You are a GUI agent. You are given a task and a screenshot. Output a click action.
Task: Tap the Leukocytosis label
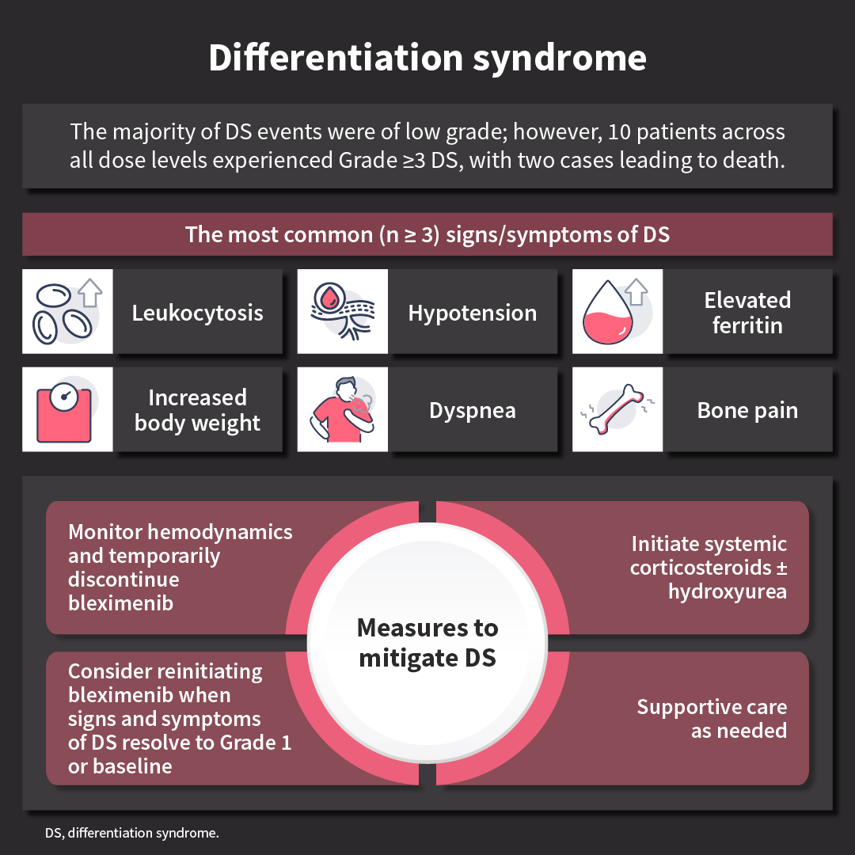197,313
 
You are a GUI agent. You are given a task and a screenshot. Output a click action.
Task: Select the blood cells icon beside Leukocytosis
67,311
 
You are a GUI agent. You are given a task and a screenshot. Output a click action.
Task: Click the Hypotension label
473,313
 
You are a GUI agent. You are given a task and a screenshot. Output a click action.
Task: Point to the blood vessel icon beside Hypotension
342,311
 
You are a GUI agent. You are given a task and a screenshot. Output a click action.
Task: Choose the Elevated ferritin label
747,312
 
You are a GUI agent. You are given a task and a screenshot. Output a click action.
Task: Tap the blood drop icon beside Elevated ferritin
617,311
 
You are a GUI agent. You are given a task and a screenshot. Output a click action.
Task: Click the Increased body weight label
197,410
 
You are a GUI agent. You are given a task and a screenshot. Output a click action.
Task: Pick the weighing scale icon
67,409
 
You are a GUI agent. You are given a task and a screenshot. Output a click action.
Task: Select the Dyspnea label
473,410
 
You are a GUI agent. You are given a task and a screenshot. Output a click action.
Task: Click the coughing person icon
342,409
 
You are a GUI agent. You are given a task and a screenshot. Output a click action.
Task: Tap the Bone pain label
747,410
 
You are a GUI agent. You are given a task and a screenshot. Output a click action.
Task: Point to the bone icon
617,409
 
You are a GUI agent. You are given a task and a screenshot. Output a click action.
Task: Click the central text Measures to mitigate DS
427,642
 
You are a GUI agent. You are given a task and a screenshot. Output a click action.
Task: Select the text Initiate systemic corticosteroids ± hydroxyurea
709,568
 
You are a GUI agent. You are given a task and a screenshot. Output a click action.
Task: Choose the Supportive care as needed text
712,718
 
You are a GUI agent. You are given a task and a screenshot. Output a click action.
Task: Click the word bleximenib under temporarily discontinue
121,603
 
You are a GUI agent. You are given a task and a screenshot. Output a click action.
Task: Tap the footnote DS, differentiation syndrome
131,833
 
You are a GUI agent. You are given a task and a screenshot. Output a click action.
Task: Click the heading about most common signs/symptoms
427,234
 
